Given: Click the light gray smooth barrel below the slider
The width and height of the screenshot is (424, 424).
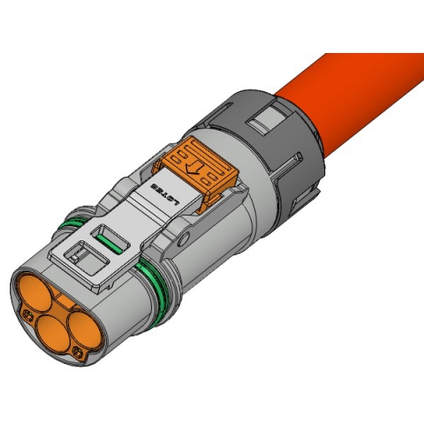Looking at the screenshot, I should tap(221, 256).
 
